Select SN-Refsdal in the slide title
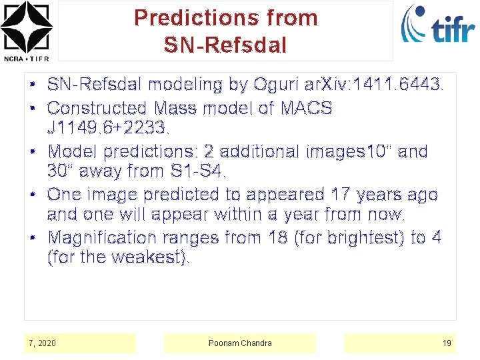(x=225, y=45)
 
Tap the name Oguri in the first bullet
(x=276, y=85)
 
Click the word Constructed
(x=97, y=108)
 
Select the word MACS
(x=307, y=108)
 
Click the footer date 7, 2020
(x=43, y=343)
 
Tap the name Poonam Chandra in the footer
(x=240, y=343)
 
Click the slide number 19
(x=447, y=343)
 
